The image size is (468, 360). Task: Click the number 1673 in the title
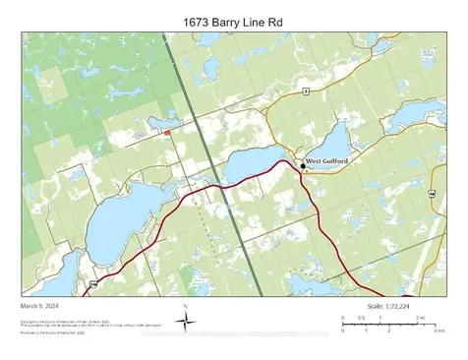pos(198,21)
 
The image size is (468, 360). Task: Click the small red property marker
pos(167,133)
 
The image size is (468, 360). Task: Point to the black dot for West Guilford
pos(303,166)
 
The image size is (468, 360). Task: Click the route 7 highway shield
pos(306,90)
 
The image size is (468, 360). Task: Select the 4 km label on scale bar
pos(441,330)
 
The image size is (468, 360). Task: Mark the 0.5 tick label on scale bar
pos(361,318)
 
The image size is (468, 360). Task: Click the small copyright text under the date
pos(59,324)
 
